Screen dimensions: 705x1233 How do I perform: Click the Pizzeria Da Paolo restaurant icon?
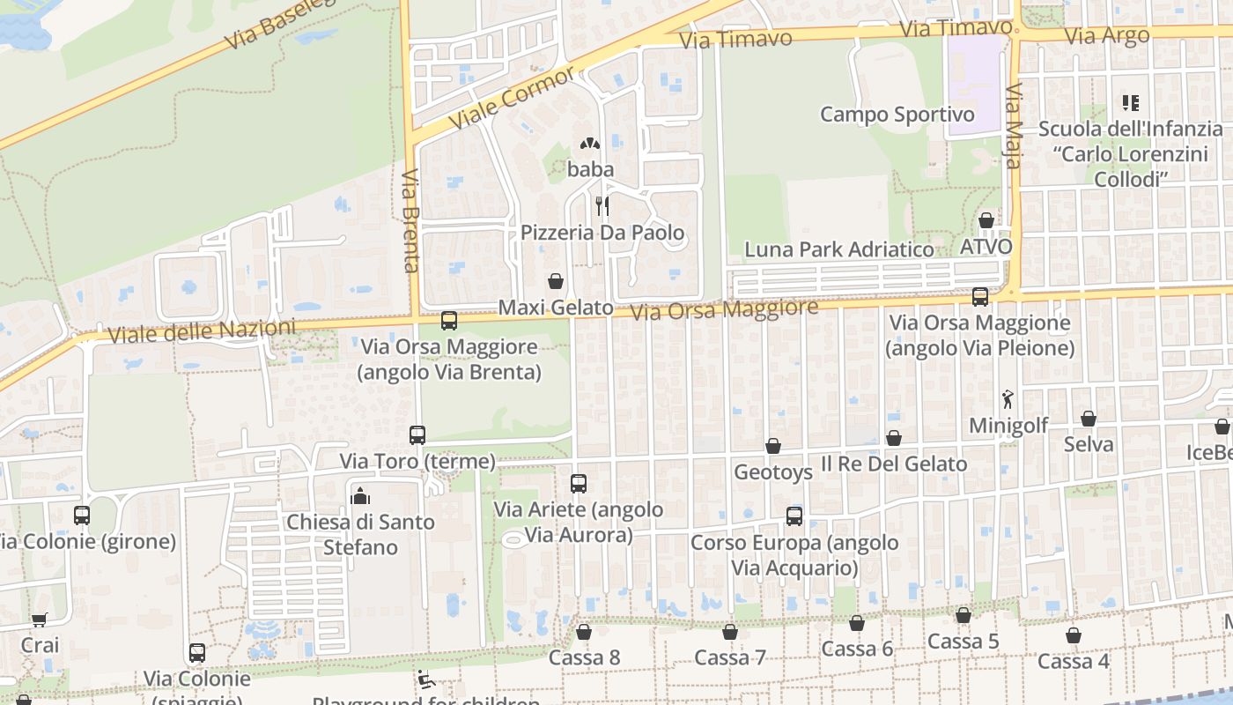coord(602,205)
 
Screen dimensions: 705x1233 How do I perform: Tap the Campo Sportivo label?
coord(897,115)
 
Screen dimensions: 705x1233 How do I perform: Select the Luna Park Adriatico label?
coord(839,249)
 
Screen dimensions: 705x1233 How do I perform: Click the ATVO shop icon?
coord(986,220)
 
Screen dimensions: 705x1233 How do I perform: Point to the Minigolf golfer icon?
coord(1008,399)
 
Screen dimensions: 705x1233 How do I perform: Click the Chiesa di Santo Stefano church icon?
coord(359,496)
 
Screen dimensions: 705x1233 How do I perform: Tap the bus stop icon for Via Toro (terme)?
coord(417,434)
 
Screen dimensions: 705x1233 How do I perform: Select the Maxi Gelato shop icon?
coord(556,281)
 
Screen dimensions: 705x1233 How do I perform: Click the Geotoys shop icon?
coord(773,446)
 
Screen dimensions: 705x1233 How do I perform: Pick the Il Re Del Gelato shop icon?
coord(894,438)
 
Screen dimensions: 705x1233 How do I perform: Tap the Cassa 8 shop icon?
coord(583,632)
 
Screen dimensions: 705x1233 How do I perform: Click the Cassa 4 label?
coord(1073,661)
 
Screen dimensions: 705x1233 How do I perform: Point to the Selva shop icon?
coord(1089,419)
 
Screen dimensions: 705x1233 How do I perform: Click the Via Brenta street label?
coord(410,220)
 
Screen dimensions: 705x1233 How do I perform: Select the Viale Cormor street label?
coord(511,96)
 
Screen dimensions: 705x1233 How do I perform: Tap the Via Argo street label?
coord(1107,36)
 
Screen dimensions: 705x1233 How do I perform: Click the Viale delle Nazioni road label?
coord(202,332)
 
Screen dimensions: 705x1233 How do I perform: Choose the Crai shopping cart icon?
coord(39,620)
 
